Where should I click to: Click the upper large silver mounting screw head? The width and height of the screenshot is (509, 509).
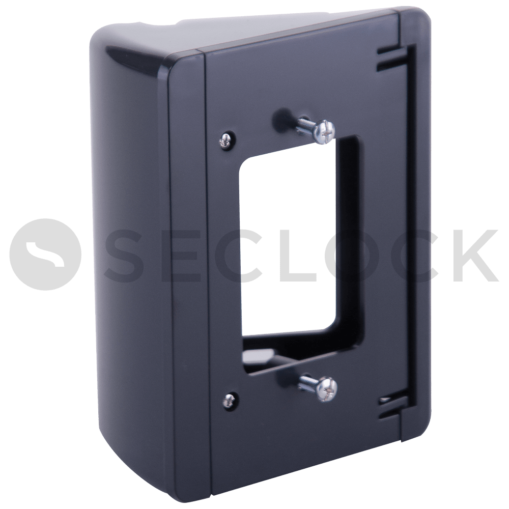pyautogui.click(x=325, y=130)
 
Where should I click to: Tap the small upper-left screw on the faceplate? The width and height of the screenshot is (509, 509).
pyautogui.click(x=224, y=140)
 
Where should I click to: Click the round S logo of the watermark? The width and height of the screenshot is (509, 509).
pyautogui.click(x=45, y=254)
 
